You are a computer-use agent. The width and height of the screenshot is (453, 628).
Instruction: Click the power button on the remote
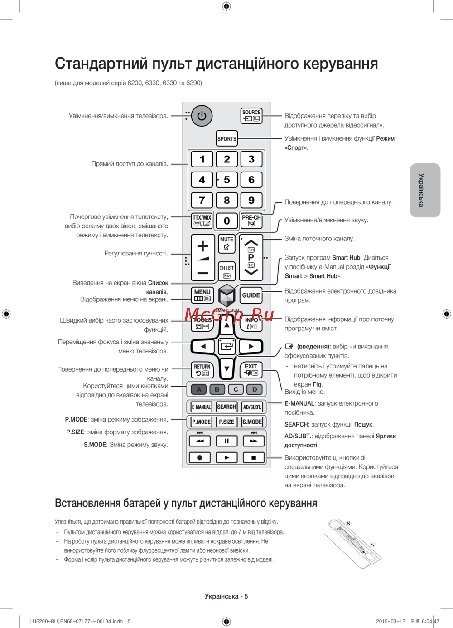pos(202,116)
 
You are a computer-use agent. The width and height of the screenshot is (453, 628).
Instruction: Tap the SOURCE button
pos(251,116)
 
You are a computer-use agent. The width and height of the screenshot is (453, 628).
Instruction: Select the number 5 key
pos(227,180)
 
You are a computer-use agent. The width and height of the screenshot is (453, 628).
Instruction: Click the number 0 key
pos(227,221)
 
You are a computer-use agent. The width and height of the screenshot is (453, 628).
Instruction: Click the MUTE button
pos(226,244)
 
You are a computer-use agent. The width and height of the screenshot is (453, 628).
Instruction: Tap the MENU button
pos(202,295)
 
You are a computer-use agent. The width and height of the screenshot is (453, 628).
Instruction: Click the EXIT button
pos(251,369)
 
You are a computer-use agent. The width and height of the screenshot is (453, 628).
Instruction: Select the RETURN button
pos(202,369)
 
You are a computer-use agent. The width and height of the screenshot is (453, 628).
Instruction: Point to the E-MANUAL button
pos(201,407)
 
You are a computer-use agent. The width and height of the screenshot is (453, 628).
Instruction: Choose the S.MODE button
pos(252,422)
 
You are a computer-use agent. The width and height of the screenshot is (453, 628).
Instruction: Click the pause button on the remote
pos(226,441)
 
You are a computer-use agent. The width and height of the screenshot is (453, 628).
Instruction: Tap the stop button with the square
pos(253,457)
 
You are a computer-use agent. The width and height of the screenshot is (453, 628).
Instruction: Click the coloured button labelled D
pos(255,389)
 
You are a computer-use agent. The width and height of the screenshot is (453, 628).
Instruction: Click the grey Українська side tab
pos(425,190)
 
